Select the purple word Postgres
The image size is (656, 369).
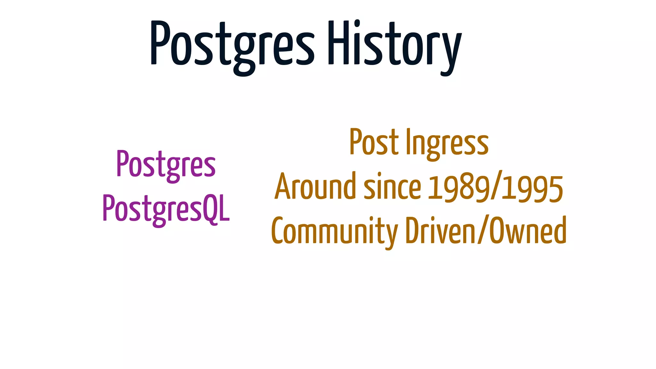coord(166,164)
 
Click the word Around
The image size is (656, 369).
coord(315,186)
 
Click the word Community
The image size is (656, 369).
coord(334,231)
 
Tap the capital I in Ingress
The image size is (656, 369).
coord(408,141)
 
